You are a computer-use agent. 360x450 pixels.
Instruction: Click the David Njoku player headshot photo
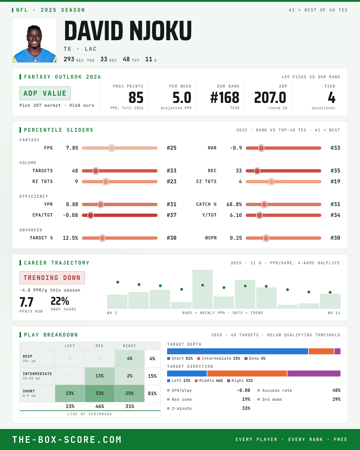[x=34, y=40]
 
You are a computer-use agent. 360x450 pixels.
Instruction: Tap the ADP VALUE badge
[x=45, y=93]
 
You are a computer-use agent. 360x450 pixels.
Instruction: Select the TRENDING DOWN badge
[x=52, y=278]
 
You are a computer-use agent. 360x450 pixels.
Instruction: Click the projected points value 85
[x=136, y=98]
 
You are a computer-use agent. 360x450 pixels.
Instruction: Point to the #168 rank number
[x=225, y=98]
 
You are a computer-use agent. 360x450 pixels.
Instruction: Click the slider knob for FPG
[x=112, y=148]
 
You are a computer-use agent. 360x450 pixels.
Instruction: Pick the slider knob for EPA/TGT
[x=91, y=215]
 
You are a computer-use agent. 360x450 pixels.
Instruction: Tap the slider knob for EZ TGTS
[x=271, y=181]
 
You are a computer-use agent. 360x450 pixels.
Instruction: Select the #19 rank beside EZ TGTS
[x=335, y=181]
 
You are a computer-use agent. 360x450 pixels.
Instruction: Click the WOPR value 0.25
[x=236, y=238]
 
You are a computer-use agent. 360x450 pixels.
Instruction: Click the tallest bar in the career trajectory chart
[x=202, y=289]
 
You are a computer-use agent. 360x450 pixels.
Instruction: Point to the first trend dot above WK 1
[x=118, y=282]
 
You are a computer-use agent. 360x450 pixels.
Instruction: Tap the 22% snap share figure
[x=60, y=301]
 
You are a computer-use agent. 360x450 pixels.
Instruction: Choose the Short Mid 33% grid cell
[x=100, y=393]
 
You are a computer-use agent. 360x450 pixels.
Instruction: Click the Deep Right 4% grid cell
[x=130, y=358]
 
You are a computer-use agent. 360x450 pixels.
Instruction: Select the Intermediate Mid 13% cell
[x=100, y=376]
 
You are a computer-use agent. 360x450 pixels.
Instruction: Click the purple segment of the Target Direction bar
[x=314, y=373]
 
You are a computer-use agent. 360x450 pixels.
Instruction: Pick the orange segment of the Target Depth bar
[x=321, y=351]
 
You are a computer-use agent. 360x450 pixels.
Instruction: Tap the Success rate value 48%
[x=336, y=390]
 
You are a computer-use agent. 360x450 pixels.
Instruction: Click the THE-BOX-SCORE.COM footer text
[x=67, y=439]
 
